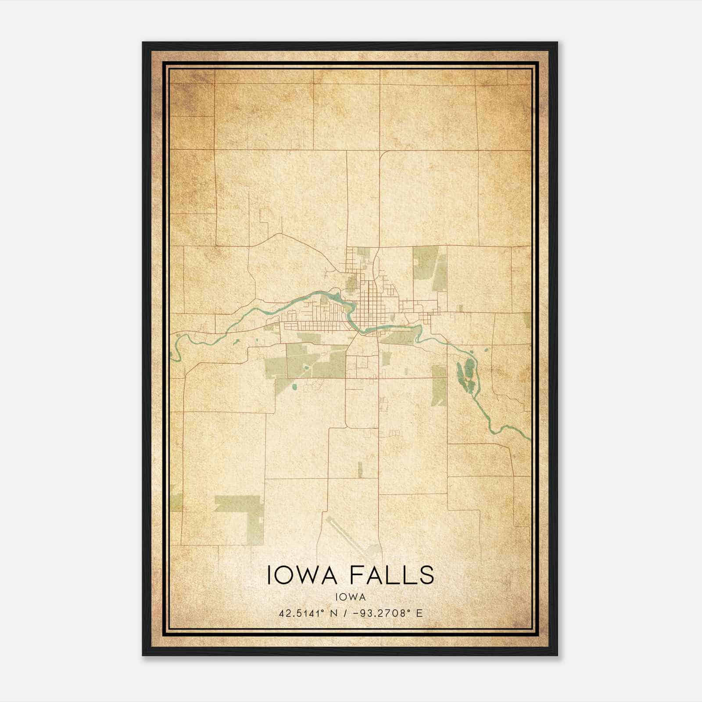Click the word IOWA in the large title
(x=301, y=575)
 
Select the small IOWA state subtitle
(x=351, y=597)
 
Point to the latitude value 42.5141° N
(x=307, y=613)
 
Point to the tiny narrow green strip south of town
(x=360, y=469)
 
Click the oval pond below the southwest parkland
(x=294, y=387)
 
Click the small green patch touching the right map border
(x=527, y=321)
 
